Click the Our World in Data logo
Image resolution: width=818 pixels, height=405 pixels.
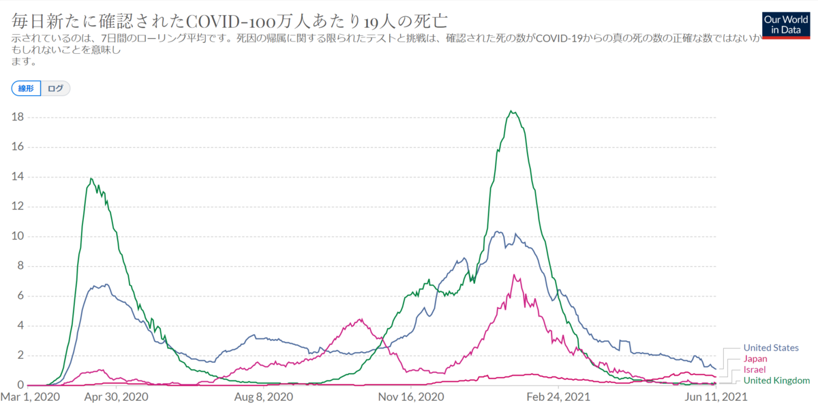click(785, 25)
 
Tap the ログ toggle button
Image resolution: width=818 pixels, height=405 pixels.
click(56, 88)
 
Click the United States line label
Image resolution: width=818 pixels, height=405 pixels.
click(770, 348)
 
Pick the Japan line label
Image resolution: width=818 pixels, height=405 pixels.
click(756, 359)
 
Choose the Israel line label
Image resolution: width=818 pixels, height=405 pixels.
click(755, 370)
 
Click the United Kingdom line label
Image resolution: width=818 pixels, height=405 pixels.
click(776, 380)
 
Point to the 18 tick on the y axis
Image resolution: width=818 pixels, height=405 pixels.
click(19, 117)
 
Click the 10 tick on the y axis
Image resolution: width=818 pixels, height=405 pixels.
click(19, 236)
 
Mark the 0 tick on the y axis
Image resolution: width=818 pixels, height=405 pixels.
click(22, 385)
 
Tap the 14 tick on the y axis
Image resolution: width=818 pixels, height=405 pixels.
click(19, 177)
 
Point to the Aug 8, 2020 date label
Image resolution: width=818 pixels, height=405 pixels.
click(264, 396)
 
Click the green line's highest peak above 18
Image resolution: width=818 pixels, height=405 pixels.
click(511, 112)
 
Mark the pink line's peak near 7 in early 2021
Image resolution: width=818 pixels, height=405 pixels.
click(514, 275)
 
